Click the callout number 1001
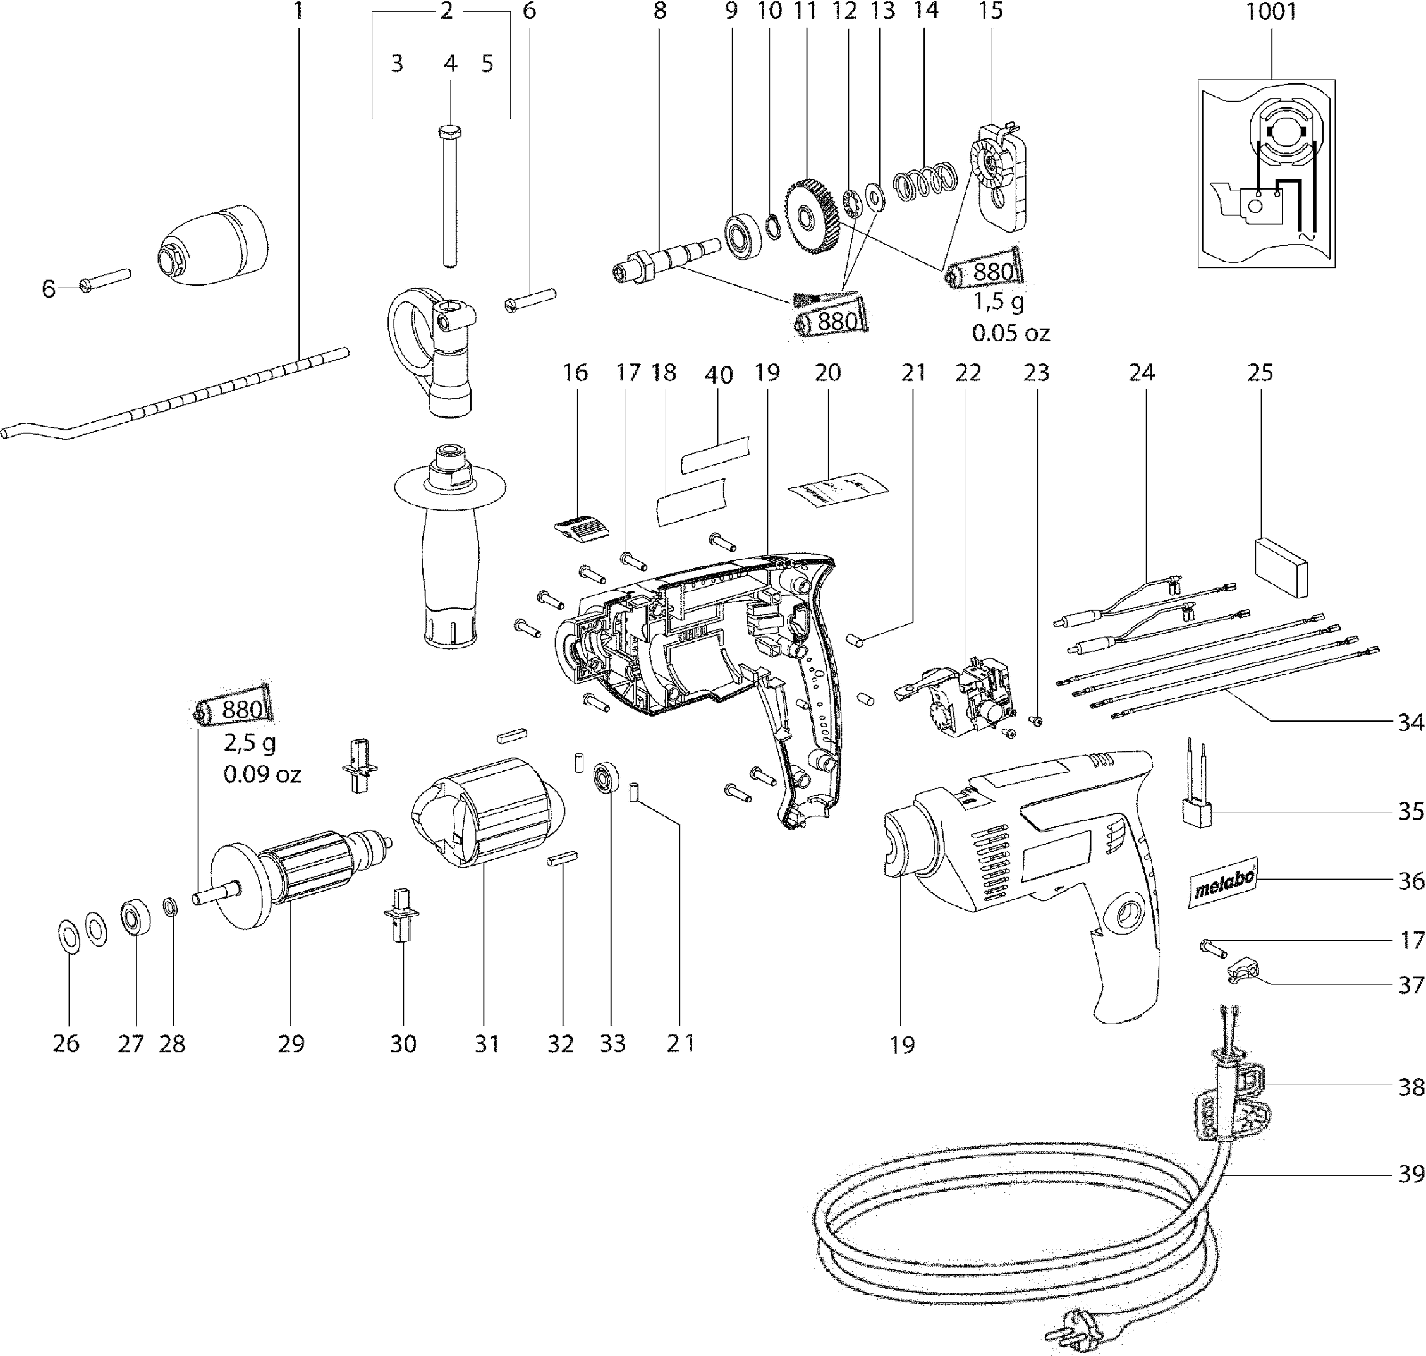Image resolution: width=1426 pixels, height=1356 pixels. [x=1271, y=12]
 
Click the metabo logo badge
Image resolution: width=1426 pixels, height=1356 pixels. [x=1224, y=883]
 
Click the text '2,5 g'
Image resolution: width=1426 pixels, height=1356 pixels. [x=250, y=742]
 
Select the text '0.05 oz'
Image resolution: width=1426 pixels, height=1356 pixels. [x=1010, y=333]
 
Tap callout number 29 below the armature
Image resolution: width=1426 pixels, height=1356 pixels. [x=291, y=1043]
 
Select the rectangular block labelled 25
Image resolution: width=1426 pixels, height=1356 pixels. [x=1282, y=567]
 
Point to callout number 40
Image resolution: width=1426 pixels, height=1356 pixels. [x=718, y=375]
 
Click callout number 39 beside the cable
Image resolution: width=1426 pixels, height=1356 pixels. [x=1410, y=1174]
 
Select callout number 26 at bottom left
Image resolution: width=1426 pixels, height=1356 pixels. [x=66, y=1043]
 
